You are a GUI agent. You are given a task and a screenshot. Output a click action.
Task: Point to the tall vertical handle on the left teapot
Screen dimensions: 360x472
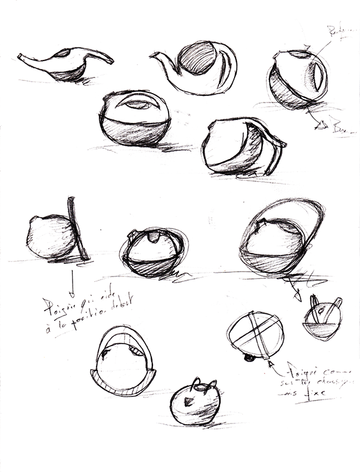(x=77, y=228)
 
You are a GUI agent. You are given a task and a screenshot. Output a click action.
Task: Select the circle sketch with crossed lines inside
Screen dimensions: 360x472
(x=252, y=333)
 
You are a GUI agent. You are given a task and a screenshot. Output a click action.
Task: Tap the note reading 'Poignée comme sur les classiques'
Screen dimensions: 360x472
(x=309, y=381)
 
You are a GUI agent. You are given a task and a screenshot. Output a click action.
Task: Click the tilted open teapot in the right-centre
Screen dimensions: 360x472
(x=240, y=147)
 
